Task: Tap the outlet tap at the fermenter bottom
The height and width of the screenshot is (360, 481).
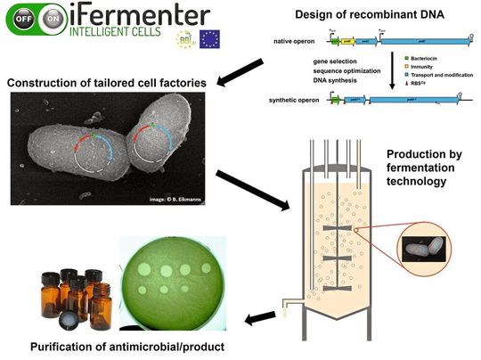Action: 286,305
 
